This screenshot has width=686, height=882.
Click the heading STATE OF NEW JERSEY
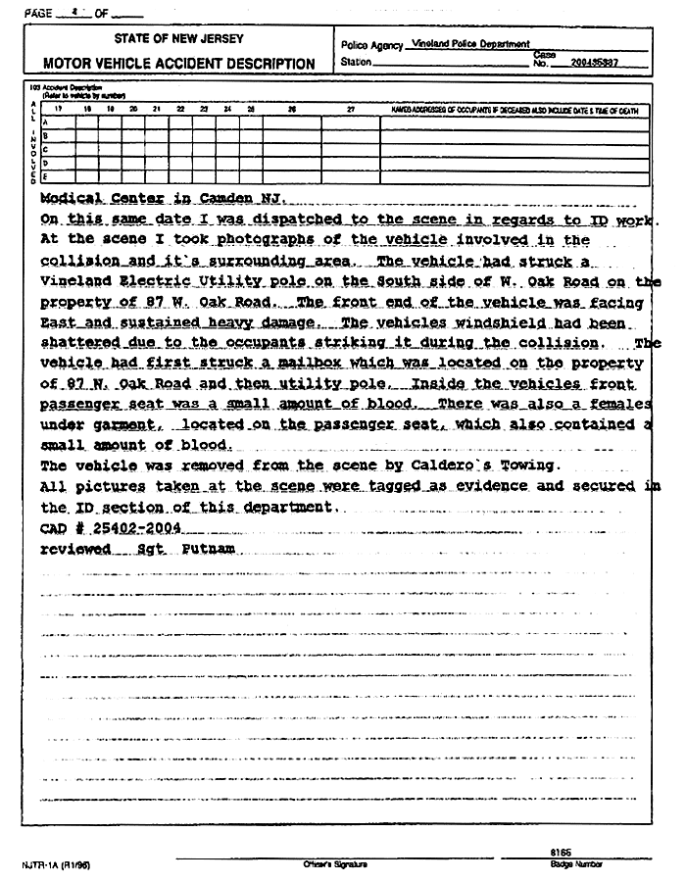pos(178,39)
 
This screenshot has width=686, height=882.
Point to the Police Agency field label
pos(373,45)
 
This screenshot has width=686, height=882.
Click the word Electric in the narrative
pos(143,281)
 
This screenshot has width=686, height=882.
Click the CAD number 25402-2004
pos(140,527)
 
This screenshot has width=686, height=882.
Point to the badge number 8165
pos(562,852)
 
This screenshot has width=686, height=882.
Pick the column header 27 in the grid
pos(351,111)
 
